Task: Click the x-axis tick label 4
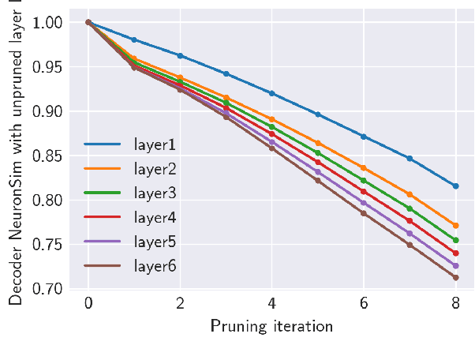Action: point(271,304)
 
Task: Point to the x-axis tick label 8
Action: point(455,304)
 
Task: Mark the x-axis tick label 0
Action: point(88,304)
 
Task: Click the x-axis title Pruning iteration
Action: point(271,326)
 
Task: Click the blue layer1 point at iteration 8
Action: point(455,186)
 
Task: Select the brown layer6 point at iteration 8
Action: point(455,277)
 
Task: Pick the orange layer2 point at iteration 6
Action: point(364,167)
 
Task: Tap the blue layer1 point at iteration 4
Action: point(271,93)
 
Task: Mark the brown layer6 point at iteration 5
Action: point(318,181)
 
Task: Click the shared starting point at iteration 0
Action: point(88,22)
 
